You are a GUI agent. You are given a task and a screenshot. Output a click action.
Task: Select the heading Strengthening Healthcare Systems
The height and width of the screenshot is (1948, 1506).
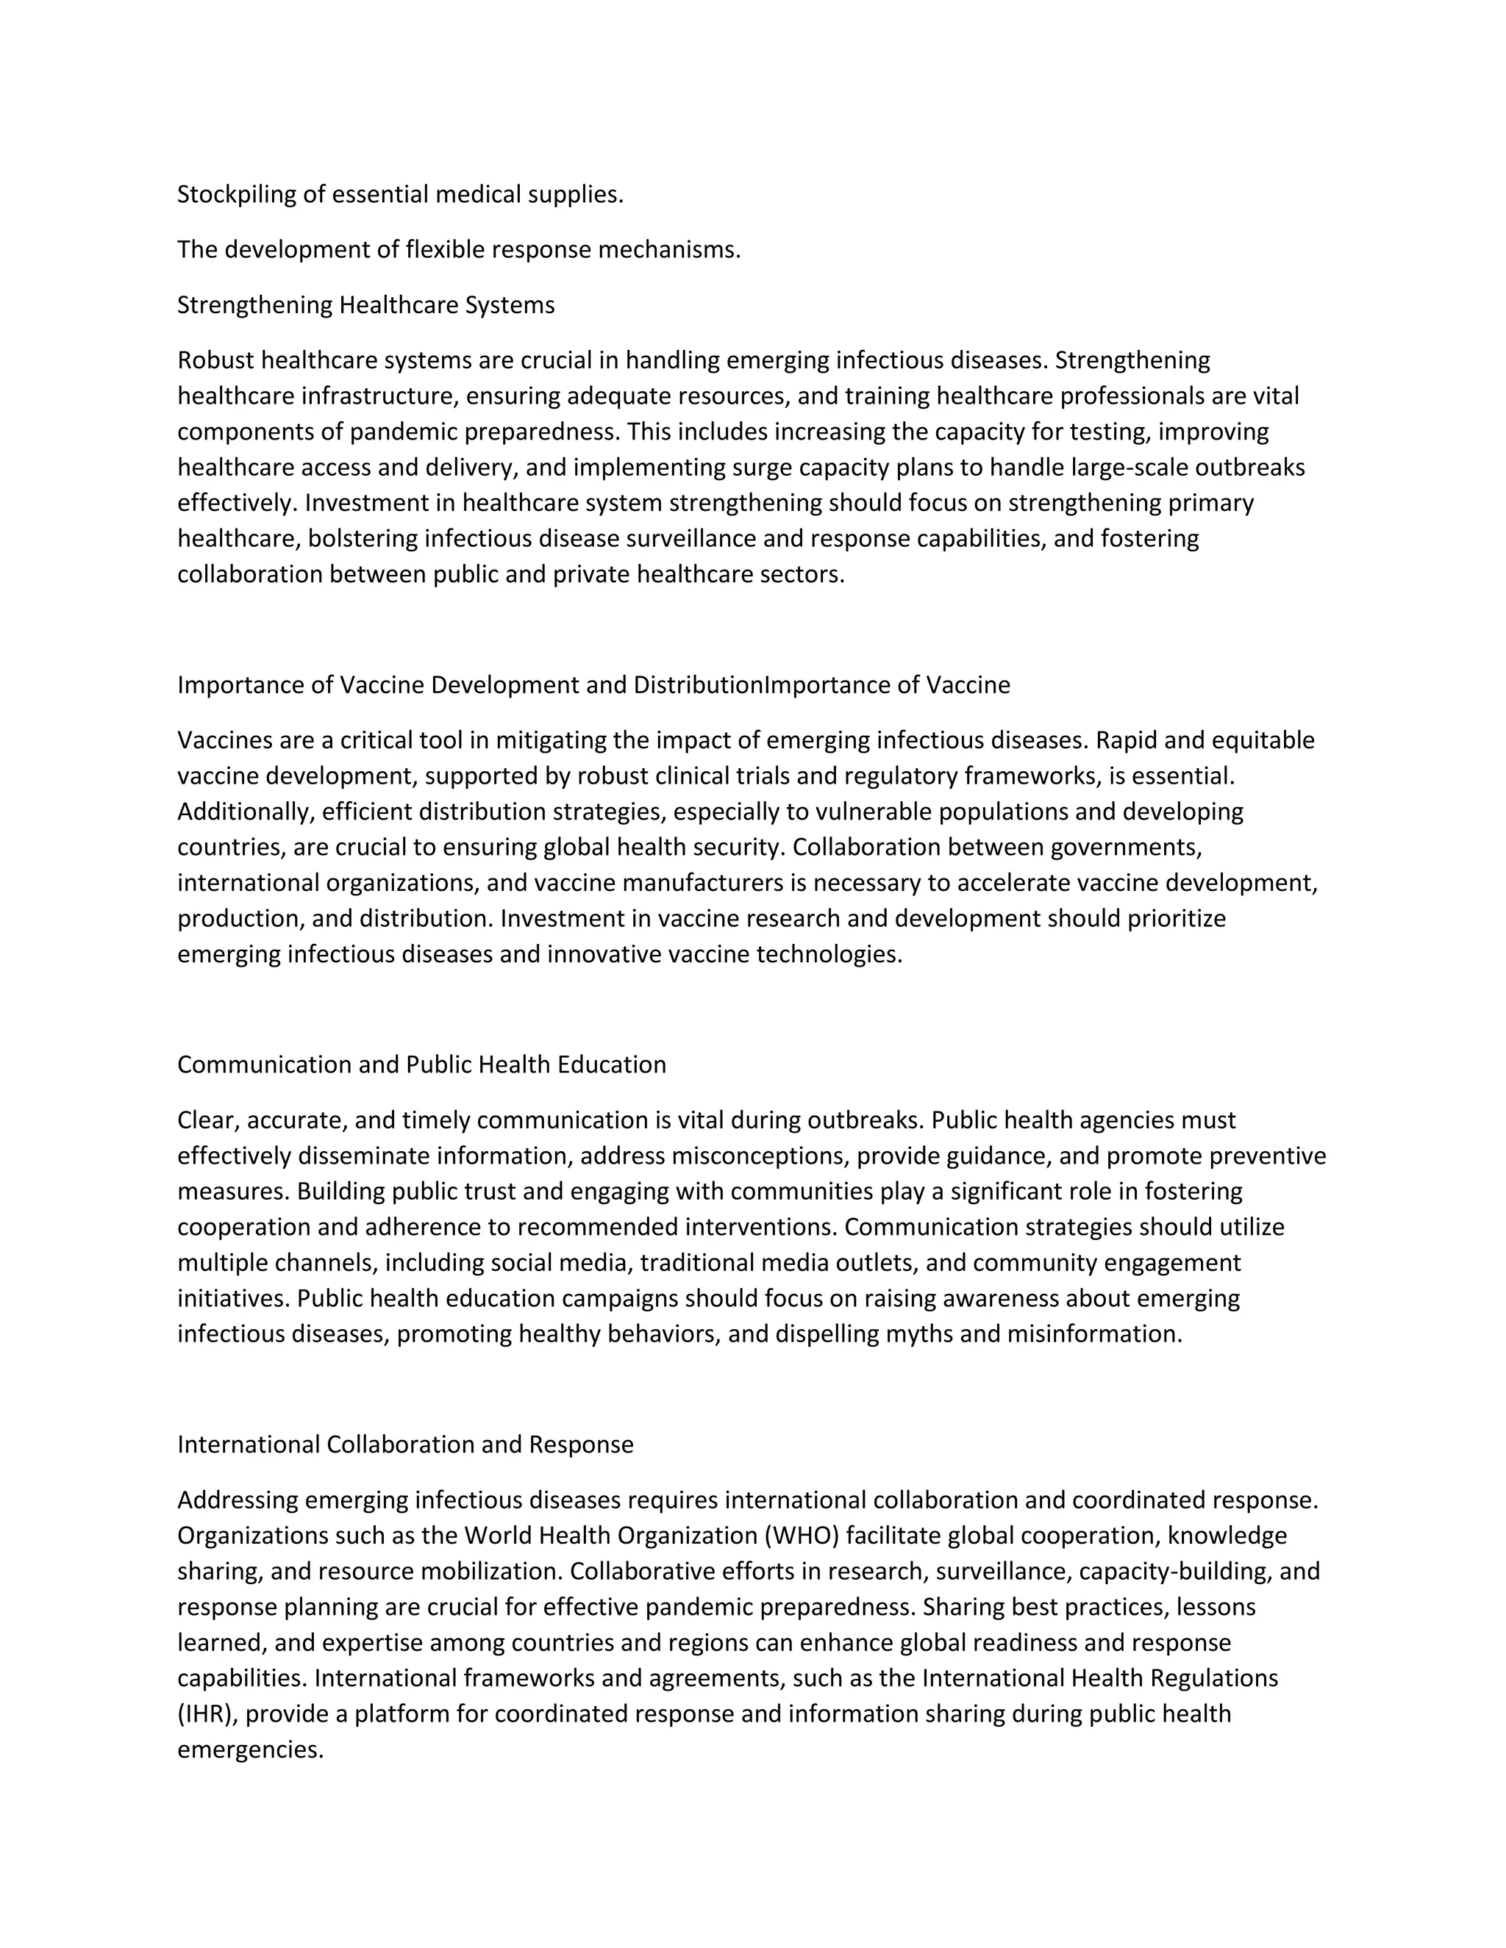point(365,305)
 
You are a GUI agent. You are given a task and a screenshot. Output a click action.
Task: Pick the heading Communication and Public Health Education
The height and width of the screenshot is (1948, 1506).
point(421,1065)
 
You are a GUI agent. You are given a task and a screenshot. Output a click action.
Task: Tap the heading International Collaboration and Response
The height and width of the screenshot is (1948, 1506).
point(405,1445)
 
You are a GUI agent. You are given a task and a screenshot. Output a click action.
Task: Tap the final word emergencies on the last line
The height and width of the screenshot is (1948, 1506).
point(250,1750)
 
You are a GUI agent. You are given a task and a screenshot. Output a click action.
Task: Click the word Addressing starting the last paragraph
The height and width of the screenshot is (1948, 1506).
point(238,1500)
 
